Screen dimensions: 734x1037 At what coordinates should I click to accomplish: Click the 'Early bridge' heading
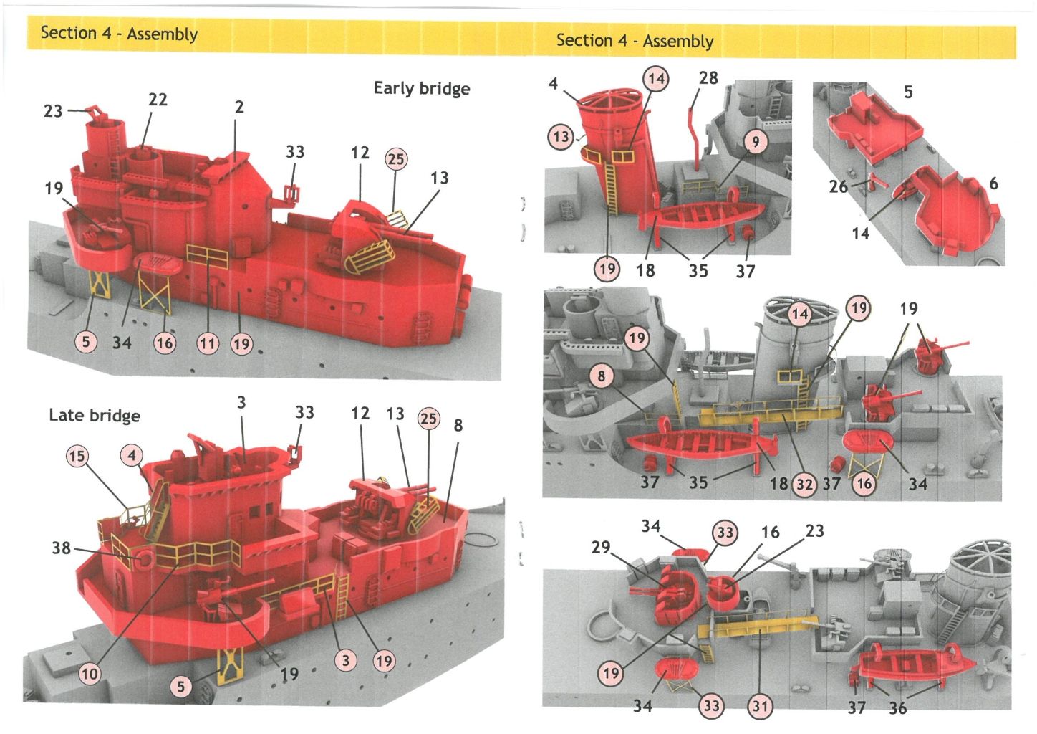422,88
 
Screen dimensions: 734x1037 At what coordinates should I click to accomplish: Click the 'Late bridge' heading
94,415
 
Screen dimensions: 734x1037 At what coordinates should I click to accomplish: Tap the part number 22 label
158,100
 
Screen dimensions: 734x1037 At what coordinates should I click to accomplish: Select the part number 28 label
708,78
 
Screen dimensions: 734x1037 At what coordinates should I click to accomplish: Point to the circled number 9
755,142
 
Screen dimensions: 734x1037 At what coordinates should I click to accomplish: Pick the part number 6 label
993,183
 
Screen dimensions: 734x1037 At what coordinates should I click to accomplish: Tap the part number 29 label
600,548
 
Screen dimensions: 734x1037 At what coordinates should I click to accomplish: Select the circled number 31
760,707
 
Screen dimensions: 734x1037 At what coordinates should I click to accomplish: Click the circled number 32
804,484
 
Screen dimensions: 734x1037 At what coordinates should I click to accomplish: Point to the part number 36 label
897,708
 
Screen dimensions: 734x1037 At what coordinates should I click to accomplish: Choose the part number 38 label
61,548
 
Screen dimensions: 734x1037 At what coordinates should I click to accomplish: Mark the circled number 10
89,674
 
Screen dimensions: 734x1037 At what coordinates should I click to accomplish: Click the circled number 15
77,456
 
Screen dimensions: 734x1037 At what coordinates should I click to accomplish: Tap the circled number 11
207,344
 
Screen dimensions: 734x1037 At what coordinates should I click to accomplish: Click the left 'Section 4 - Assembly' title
119,33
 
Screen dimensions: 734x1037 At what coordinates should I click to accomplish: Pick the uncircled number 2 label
239,107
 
